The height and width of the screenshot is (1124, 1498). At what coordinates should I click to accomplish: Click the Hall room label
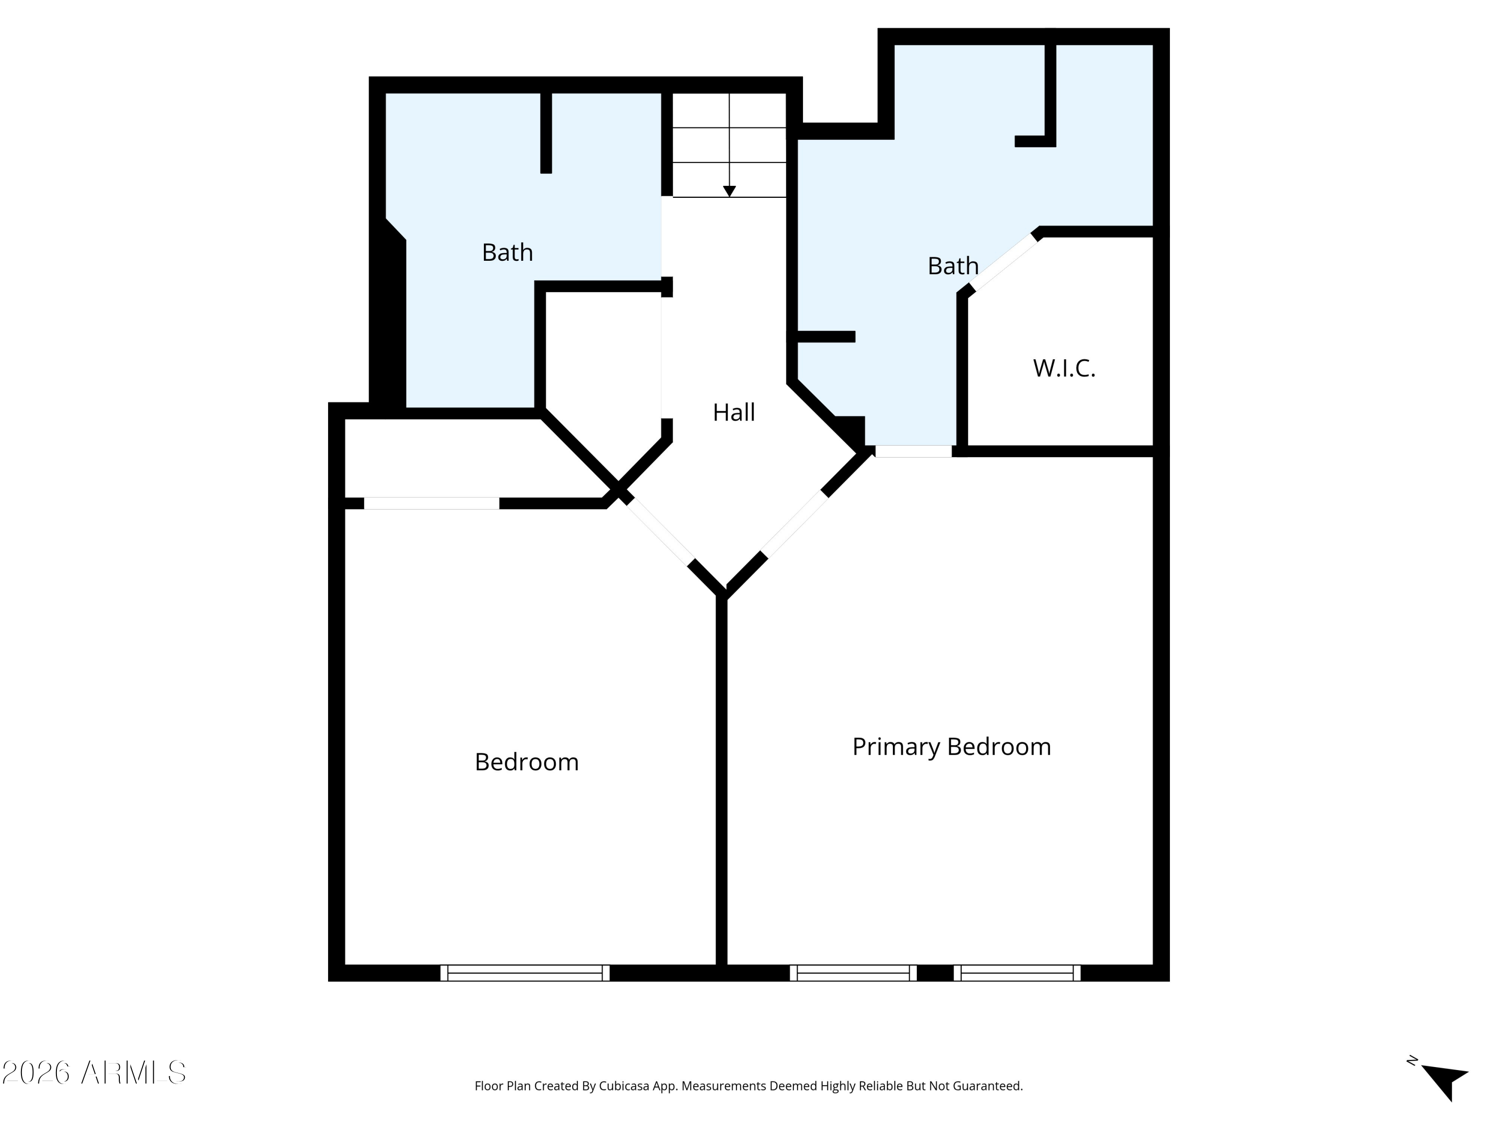[x=734, y=412]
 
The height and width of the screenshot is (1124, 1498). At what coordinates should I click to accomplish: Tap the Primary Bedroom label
[x=952, y=747]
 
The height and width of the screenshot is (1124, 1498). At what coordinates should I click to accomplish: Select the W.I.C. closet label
[x=1064, y=368]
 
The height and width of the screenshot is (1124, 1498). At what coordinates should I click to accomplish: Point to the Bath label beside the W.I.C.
[x=953, y=266]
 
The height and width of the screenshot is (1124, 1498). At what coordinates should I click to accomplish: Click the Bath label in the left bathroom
[x=507, y=252]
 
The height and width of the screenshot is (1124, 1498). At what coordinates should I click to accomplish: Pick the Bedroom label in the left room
[x=527, y=762]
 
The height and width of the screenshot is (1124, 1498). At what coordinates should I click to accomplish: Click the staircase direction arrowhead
[x=730, y=191]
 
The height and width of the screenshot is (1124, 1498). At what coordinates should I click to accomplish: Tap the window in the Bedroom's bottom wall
[x=525, y=973]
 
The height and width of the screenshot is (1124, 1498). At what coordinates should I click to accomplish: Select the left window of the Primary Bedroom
[x=853, y=973]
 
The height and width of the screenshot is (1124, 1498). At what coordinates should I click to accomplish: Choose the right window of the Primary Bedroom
[x=1017, y=973]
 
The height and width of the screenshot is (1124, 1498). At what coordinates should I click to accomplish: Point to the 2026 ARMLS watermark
[x=94, y=1073]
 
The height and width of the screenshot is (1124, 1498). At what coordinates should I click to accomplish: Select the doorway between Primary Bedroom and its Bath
[x=914, y=451]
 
